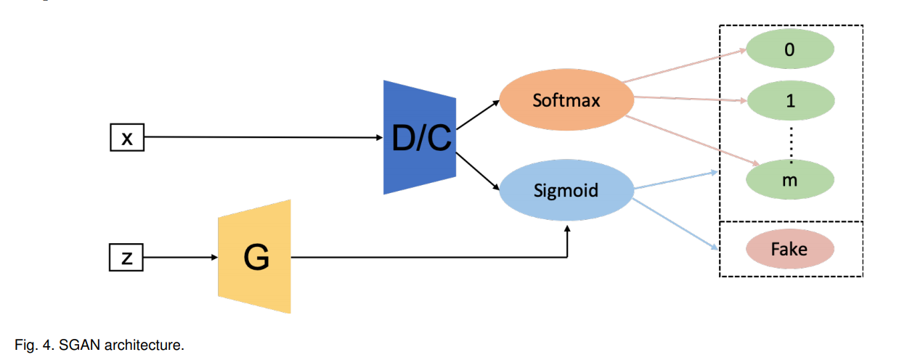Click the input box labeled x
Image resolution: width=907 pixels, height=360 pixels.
pos(126,137)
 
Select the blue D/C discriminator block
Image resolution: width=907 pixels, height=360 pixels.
pos(420,138)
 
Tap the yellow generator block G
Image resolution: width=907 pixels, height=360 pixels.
pos(255,257)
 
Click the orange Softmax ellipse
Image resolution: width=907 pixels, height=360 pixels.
pos(566,100)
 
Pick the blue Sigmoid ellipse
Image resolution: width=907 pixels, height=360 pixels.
pos(566,191)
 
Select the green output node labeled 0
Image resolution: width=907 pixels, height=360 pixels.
pos(790,51)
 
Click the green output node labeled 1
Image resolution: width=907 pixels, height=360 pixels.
pos(790,102)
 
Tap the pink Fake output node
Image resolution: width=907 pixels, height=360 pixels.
pos(789,249)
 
